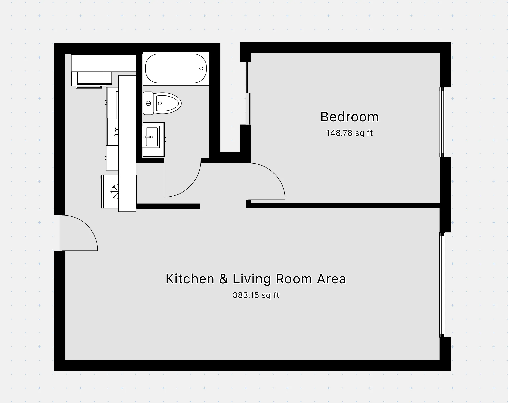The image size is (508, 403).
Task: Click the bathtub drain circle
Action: tap(201, 68)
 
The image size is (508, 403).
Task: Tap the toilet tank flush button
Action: tap(148, 103)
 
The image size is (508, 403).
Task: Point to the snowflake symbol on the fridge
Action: tap(115, 191)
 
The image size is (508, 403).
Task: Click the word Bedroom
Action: tap(349, 117)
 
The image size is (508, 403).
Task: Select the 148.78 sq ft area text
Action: tap(349, 133)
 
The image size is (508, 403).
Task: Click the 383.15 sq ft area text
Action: tap(256, 295)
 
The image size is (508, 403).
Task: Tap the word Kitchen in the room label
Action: tap(190, 279)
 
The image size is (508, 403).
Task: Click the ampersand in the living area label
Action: tap(223, 279)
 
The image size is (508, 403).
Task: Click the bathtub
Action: tap(176, 68)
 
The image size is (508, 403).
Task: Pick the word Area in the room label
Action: tap(331, 279)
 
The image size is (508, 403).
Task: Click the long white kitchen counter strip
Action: tap(127, 143)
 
